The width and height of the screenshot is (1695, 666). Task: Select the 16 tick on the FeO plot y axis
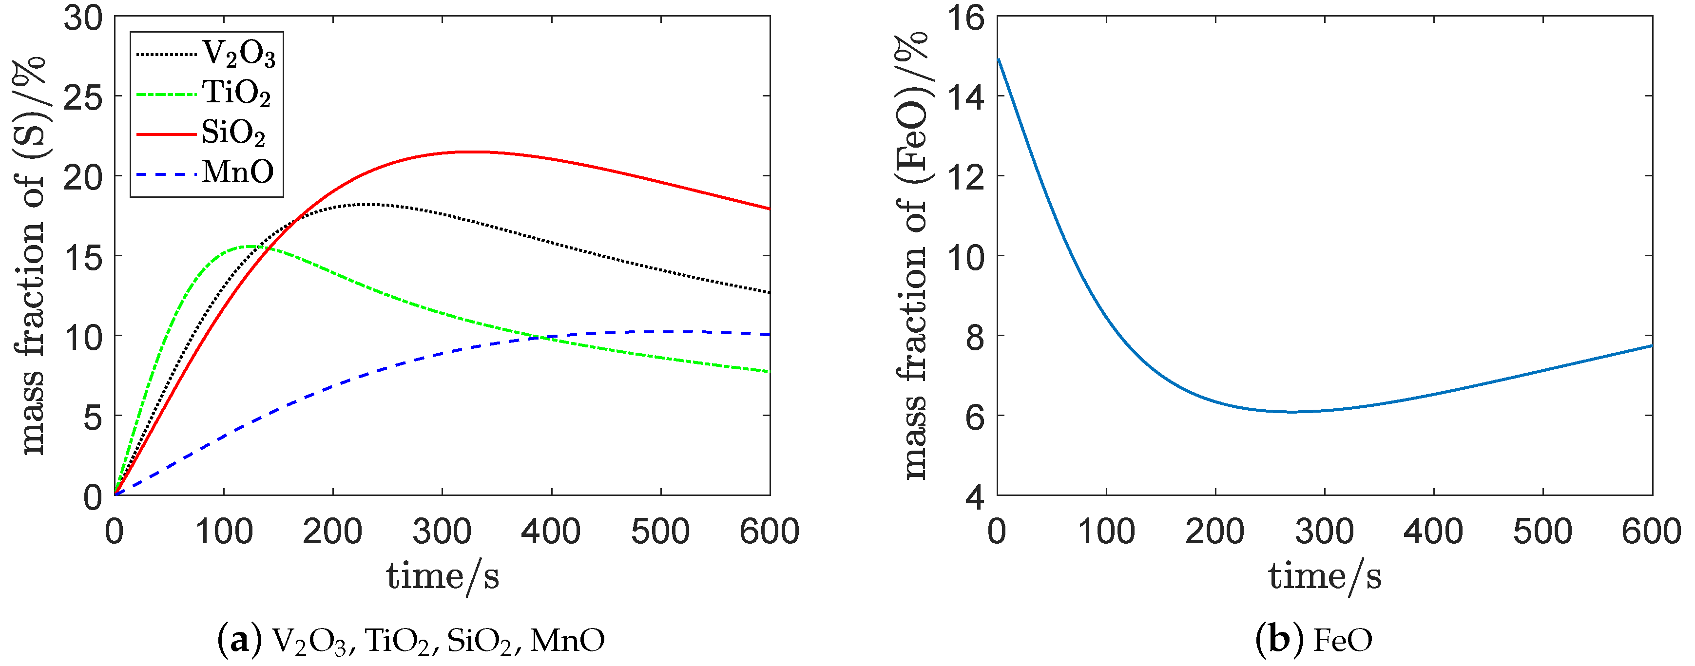pos(966,18)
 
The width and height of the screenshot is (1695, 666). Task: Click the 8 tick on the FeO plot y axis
pos(976,336)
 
